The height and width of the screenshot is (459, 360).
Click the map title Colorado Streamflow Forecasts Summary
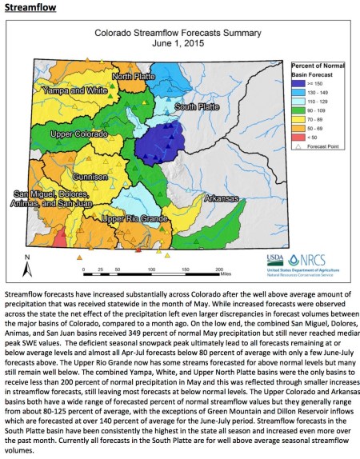pyautogui.click(x=180, y=34)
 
